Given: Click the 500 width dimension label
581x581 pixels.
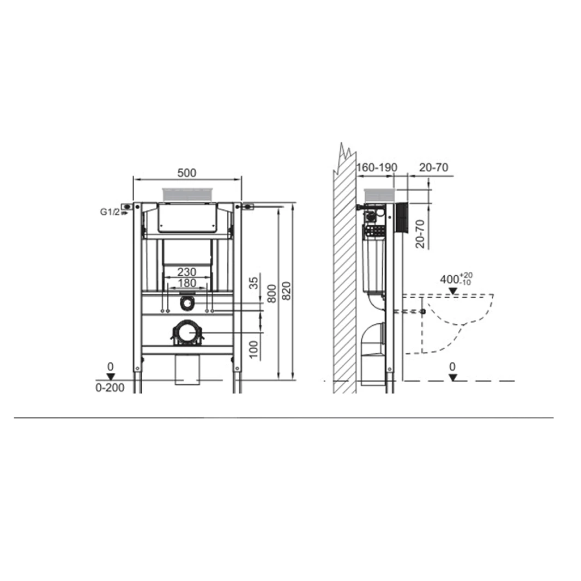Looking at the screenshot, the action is (187, 173).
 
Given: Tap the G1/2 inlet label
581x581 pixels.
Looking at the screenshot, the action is (110, 212).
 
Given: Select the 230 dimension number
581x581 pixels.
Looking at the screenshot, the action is (187, 271).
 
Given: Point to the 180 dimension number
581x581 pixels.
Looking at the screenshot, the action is (187, 283).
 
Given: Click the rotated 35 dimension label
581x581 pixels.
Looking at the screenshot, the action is (253, 283).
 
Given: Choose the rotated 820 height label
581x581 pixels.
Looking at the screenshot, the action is (287, 291).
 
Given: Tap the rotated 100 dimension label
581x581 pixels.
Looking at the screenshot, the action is (253, 349).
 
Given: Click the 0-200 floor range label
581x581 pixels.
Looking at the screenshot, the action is (110, 388).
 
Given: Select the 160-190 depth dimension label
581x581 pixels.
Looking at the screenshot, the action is (377, 167).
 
